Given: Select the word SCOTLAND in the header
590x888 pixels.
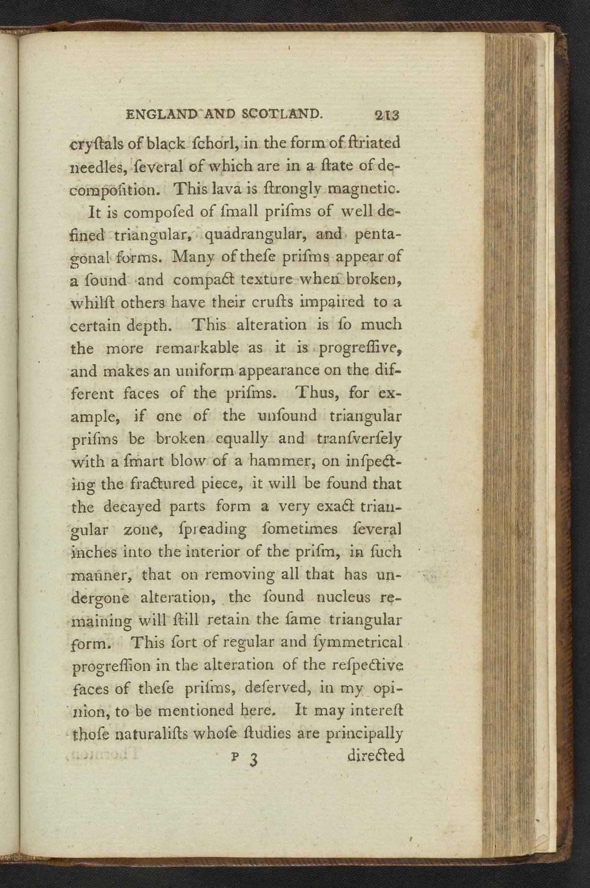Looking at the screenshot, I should (282, 114).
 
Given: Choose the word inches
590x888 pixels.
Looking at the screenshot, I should (94, 552).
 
